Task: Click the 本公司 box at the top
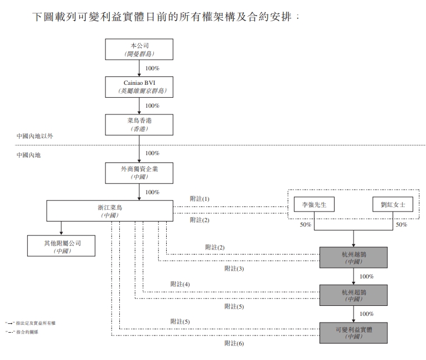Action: click(139, 49)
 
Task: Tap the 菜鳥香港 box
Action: click(139, 124)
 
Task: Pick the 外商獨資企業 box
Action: click(139, 172)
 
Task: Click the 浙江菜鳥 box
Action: click(109, 211)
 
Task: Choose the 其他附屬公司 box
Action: click(61, 246)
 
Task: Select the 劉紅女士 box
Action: click(393, 205)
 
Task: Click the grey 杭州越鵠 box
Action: click(354, 256)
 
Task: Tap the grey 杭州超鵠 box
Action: click(354, 295)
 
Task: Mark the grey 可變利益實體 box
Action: click(354, 333)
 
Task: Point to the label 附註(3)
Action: click(234, 268)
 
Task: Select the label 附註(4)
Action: click(180, 284)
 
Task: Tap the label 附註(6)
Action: click(234, 343)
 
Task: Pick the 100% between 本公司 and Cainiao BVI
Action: click(152, 69)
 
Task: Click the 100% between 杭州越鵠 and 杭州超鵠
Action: click(366, 276)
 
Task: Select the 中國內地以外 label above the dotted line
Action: click(35, 136)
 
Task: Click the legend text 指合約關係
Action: click(28, 332)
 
